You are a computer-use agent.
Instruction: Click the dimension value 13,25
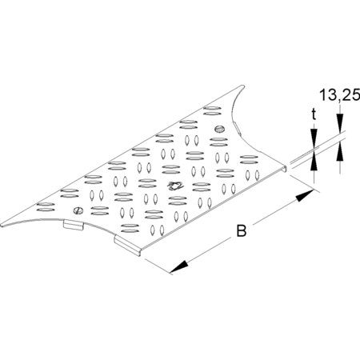coord(339,95)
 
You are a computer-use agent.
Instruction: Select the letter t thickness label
coord(314,114)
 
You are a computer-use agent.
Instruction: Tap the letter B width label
coord(242,231)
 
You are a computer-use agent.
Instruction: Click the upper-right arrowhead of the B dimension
coord(304,196)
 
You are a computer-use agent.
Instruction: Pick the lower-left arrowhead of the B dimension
coord(178,266)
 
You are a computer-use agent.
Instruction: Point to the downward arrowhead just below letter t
coord(314,138)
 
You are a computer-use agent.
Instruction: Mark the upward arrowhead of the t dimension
coord(314,161)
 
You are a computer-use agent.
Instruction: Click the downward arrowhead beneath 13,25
coord(340,123)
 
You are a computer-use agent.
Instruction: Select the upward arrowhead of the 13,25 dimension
coord(340,151)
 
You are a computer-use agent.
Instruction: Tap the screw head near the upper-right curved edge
coord(219,129)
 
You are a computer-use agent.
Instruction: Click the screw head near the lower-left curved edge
coord(78,210)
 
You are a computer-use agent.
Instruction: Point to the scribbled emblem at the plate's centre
coord(174,186)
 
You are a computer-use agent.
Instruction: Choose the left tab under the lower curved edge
coord(74,225)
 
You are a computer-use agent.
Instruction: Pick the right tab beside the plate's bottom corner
coord(127,246)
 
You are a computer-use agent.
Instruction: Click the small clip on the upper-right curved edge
coord(237,127)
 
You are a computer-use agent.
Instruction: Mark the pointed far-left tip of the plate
coord(2,226)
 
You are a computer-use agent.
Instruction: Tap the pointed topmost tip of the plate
coord(242,86)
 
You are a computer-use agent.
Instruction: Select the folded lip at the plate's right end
coord(286,169)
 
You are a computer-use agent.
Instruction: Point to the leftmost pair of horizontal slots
coord(46,207)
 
